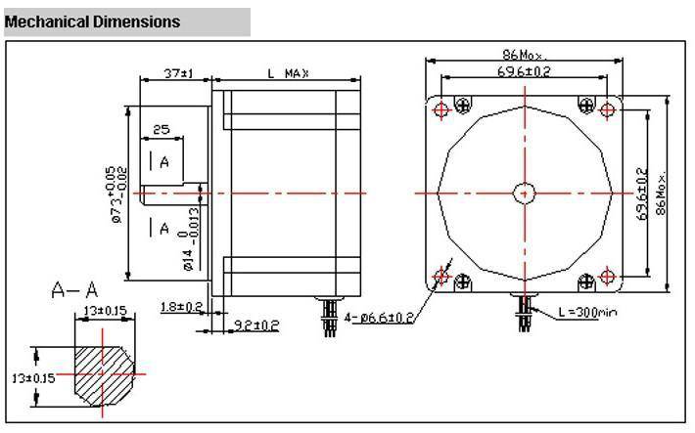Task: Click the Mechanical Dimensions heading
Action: [x=92, y=22]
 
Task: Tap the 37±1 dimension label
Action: [x=178, y=73]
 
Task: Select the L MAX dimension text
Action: [x=288, y=73]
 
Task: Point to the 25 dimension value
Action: [x=162, y=130]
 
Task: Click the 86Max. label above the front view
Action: [x=525, y=55]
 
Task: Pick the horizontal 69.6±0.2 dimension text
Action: [x=524, y=71]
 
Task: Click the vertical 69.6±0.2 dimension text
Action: [x=642, y=194]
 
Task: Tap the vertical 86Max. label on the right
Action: [x=661, y=193]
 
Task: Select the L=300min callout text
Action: [x=587, y=312]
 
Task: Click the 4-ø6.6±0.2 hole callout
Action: [x=379, y=318]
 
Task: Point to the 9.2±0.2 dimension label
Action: [x=256, y=325]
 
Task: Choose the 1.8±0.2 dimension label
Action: [x=181, y=306]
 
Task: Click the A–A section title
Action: [x=74, y=290]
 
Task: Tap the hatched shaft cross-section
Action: [x=104, y=375]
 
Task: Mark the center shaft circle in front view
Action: [x=525, y=193]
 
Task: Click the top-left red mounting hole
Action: [x=441, y=108]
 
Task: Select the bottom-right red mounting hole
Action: [x=607, y=277]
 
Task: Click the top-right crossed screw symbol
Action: [x=586, y=106]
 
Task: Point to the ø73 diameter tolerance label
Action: [x=116, y=194]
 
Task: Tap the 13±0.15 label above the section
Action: [x=105, y=311]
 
